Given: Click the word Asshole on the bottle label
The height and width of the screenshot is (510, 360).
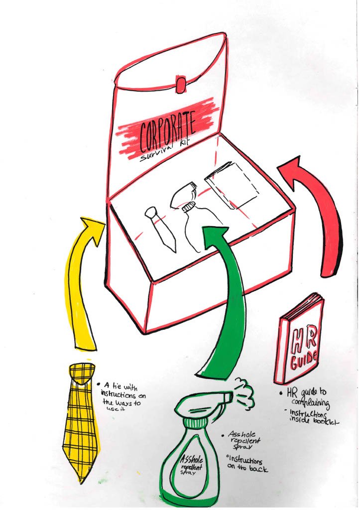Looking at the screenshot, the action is [x=189, y=461].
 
